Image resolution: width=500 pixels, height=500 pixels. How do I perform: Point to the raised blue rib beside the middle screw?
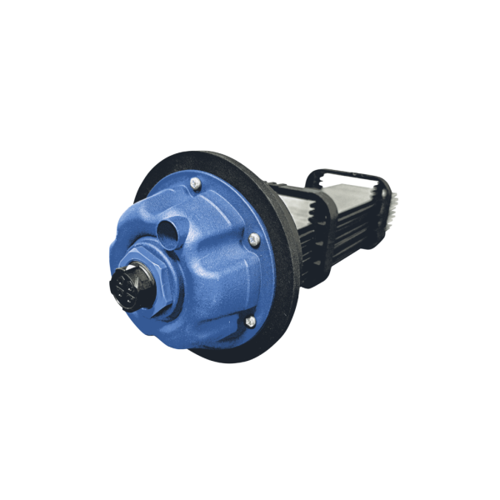tap(237, 250)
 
